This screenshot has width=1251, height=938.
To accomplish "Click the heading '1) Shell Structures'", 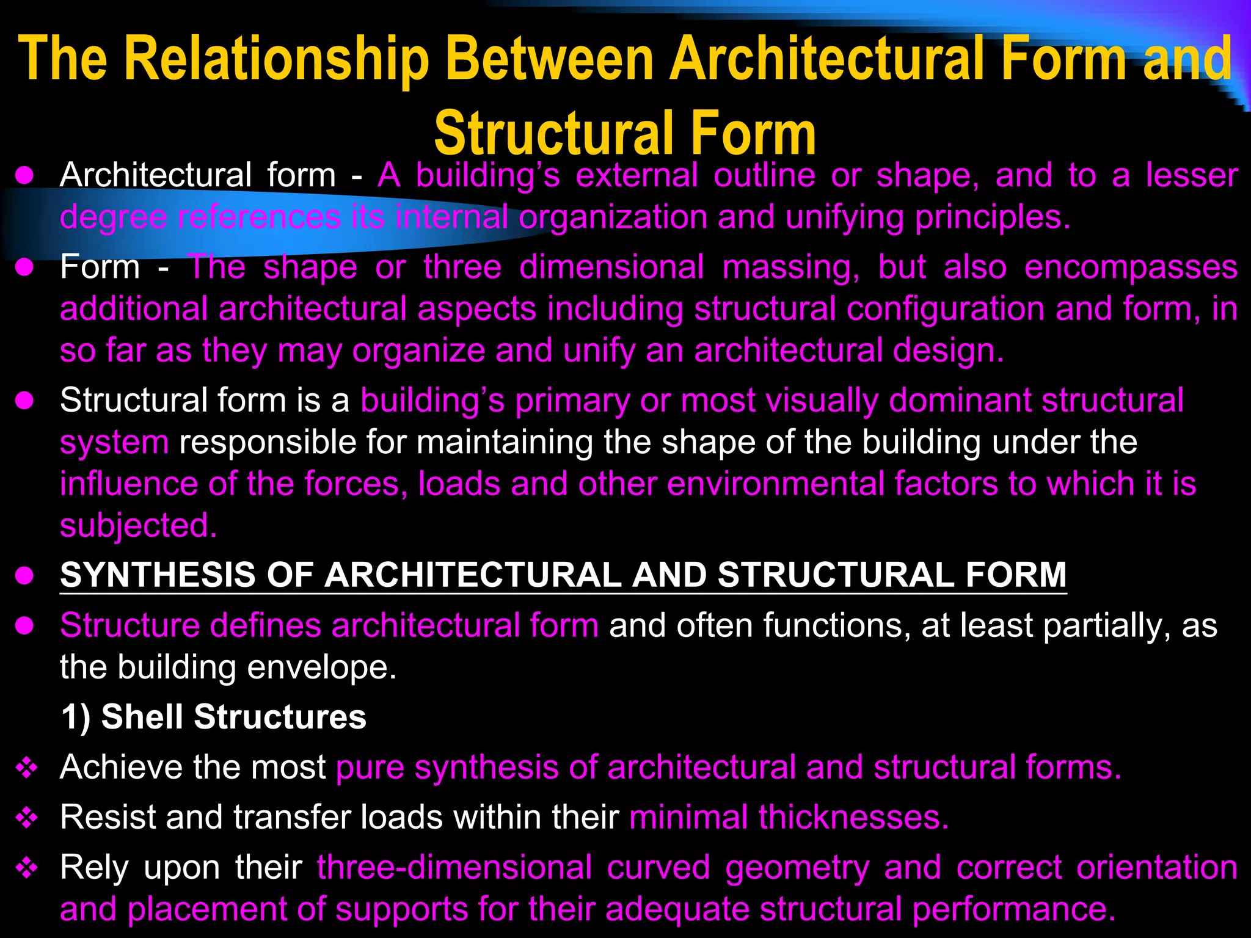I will click(213, 716).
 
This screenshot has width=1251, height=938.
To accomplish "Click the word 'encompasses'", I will click(1131, 267).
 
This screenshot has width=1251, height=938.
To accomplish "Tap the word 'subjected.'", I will click(138, 526).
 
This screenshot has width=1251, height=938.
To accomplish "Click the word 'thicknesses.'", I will click(854, 817).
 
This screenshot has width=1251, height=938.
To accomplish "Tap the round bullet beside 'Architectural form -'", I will click(24, 176).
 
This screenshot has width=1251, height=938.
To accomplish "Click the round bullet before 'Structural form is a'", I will click(24, 401).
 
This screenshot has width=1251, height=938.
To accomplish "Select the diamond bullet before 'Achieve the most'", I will click(27, 768).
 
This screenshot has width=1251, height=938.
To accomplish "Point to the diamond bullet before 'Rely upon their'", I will click(27, 868).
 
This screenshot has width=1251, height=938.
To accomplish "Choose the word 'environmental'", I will click(776, 484).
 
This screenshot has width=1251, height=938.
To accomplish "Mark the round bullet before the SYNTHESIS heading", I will click(24, 576).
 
